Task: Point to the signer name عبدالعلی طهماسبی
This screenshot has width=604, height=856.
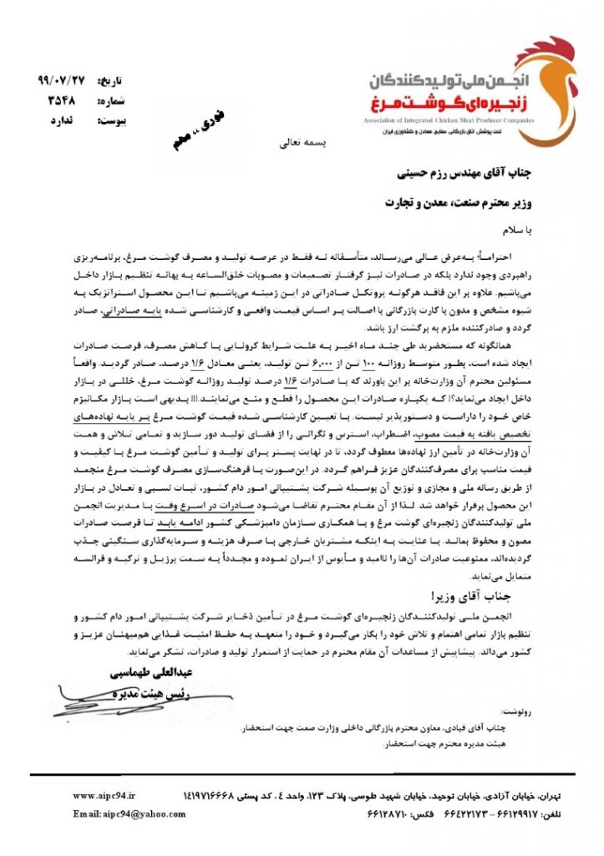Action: [x=135, y=672]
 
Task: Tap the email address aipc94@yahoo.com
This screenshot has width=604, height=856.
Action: [x=118, y=813]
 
